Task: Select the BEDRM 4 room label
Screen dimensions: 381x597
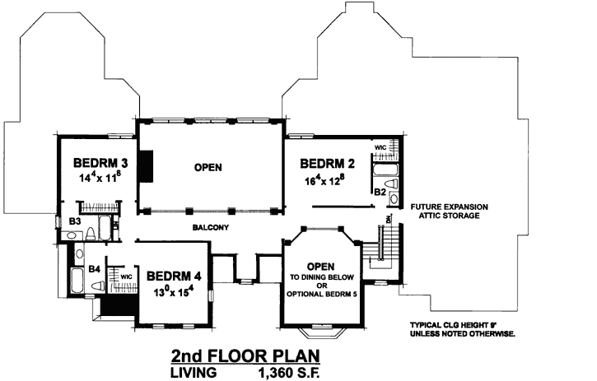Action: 175,276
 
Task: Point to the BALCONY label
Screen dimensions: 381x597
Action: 210,227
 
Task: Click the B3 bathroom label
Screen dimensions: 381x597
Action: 73,221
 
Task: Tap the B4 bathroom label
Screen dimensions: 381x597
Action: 94,268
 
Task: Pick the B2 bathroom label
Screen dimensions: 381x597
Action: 380,191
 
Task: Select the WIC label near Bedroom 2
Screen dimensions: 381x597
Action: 380,148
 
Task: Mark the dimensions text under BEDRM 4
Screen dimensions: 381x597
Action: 175,290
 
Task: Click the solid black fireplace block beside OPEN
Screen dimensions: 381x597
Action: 146,166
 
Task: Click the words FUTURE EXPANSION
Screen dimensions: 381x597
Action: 449,206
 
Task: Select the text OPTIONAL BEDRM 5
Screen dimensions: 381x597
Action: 320,295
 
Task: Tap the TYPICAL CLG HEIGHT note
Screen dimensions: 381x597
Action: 461,325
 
